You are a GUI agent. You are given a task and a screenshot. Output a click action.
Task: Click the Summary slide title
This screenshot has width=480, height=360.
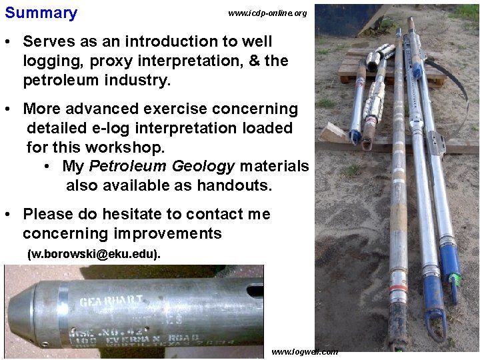(x=41, y=13)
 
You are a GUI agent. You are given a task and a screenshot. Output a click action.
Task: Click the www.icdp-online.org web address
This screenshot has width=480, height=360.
(x=267, y=13)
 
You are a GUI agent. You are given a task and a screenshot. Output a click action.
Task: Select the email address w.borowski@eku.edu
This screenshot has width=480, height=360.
(x=94, y=254)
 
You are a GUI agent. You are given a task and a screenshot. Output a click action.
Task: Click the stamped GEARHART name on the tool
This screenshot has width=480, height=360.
(x=111, y=300)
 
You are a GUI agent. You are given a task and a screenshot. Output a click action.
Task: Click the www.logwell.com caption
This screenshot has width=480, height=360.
(x=305, y=351)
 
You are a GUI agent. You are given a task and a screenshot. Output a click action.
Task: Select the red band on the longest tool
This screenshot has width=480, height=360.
(x=398, y=290)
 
